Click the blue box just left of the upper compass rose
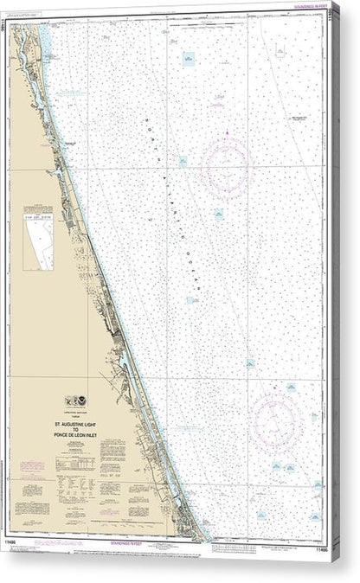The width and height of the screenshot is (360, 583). click(184, 162)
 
